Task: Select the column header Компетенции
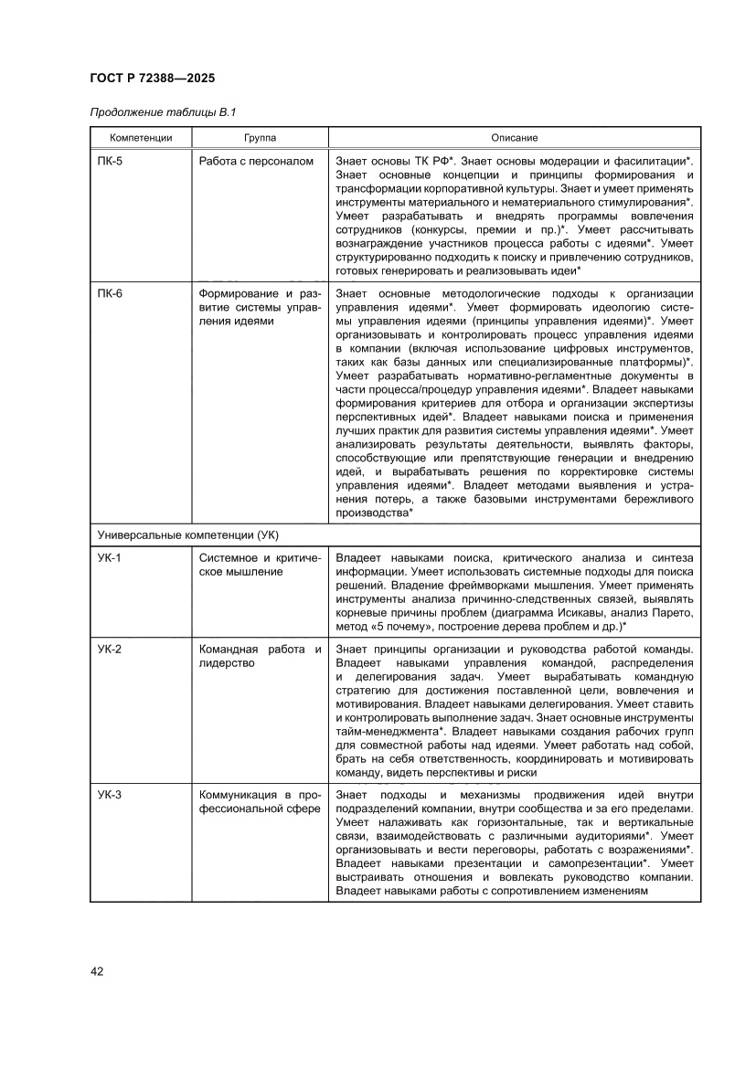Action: (x=141, y=138)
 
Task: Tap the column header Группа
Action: (x=260, y=138)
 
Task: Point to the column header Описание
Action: (x=514, y=138)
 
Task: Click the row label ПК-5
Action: (x=110, y=162)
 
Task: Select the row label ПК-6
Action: (x=110, y=294)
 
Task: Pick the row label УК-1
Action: (x=110, y=558)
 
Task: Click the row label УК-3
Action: (x=110, y=795)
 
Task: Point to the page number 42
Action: (x=97, y=971)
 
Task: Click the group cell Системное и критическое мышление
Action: (x=260, y=565)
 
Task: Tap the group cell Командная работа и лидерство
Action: (x=260, y=657)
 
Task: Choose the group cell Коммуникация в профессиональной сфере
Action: (x=260, y=801)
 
